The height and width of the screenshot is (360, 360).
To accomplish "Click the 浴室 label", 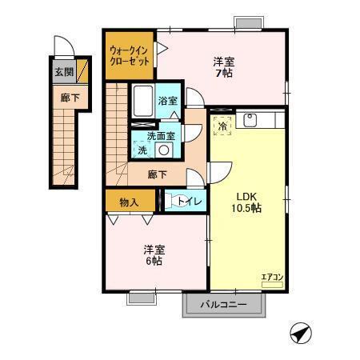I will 166,102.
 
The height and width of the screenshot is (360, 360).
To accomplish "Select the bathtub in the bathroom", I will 142,101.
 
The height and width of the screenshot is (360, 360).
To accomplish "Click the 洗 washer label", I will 142,150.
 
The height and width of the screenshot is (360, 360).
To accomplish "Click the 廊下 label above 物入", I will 157,174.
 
